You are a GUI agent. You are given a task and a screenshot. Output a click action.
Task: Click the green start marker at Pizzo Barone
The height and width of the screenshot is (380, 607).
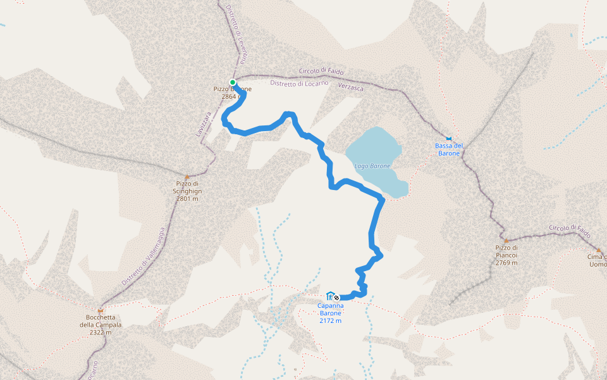233,82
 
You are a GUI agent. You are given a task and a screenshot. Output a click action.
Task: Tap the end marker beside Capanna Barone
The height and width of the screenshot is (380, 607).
336,298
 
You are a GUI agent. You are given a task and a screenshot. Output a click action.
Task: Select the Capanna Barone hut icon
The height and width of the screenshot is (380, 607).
329,296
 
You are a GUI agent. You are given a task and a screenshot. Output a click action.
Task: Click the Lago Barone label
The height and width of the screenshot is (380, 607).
371,166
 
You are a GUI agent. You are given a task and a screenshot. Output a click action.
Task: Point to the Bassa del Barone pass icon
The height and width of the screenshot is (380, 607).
449,138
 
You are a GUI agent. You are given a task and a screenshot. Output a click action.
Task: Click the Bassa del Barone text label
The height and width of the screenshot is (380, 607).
449,149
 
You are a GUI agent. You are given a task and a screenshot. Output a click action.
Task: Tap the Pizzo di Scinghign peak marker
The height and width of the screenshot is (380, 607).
187,177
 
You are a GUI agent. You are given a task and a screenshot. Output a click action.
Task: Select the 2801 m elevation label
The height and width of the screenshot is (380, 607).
187,199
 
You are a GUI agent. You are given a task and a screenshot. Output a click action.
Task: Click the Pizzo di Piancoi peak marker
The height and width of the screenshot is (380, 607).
506,241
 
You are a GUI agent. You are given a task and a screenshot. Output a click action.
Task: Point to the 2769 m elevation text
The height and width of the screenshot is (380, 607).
506,263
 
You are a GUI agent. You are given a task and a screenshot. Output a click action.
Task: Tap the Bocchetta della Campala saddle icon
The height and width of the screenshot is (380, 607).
101,311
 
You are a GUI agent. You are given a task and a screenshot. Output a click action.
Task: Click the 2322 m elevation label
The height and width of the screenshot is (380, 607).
101,332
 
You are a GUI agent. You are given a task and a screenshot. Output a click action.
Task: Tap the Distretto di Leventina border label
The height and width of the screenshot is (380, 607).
236,32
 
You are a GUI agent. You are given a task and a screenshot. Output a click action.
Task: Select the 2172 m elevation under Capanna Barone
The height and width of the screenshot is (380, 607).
330,321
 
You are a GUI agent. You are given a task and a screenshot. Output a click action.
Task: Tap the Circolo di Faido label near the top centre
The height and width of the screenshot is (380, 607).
321,71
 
